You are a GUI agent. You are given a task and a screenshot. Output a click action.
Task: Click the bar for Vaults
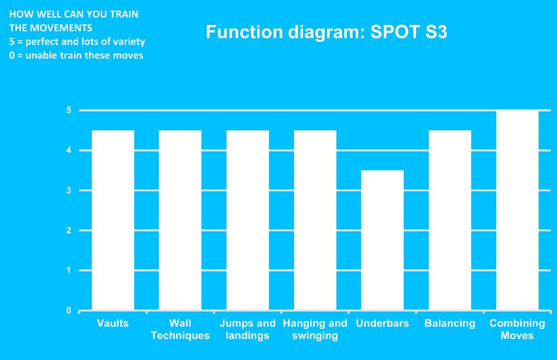tap(113, 220)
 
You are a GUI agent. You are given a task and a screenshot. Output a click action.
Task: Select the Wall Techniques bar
tap(180, 220)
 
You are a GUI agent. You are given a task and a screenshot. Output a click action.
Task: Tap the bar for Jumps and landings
tap(248, 220)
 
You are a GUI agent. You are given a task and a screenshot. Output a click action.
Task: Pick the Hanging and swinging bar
tap(315, 220)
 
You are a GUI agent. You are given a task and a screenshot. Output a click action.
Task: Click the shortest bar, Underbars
tap(382, 240)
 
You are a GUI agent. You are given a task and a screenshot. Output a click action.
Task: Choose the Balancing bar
tap(449, 220)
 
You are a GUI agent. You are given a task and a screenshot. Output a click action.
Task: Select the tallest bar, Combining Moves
tap(517, 211)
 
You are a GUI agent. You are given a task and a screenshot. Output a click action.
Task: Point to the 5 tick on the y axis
tap(69, 110)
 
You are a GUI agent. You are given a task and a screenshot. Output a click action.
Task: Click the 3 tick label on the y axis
tap(69, 191)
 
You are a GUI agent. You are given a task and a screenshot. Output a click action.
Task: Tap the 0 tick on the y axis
tap(69, 310)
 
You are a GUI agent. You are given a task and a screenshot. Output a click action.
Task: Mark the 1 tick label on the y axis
tap(69, 270)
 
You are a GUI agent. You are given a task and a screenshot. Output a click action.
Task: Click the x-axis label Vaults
tap(113, 323)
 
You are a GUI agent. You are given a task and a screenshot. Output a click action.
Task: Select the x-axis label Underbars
tap(382, 323)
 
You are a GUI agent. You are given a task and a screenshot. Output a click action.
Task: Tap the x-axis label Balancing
tap(449, 323)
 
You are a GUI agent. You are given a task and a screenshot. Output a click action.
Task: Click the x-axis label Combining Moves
tap(517, 329)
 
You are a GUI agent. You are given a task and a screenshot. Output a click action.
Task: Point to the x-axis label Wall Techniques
tap(180, 329)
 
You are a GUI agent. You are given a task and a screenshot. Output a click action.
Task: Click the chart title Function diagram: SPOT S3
tap(326, 32)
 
